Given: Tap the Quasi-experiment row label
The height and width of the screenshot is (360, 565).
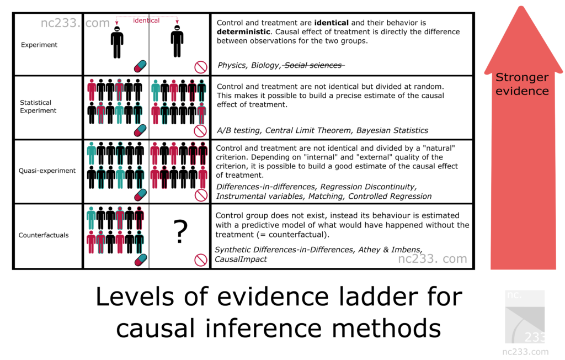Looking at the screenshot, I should point(47,171).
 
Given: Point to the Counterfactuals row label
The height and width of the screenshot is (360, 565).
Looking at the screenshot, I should point(44,235).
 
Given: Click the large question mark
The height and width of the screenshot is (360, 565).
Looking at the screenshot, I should point(180,232).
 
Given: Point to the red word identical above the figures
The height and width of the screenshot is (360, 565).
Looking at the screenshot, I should point(146,20).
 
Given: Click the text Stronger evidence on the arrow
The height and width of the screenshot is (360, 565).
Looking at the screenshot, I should point(521,84).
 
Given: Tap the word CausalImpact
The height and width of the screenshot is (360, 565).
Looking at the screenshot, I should point(241,259).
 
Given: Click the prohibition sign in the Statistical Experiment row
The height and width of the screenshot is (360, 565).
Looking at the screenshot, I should point(200,131).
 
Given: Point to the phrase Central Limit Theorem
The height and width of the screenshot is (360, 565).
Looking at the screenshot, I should point(307,130).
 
